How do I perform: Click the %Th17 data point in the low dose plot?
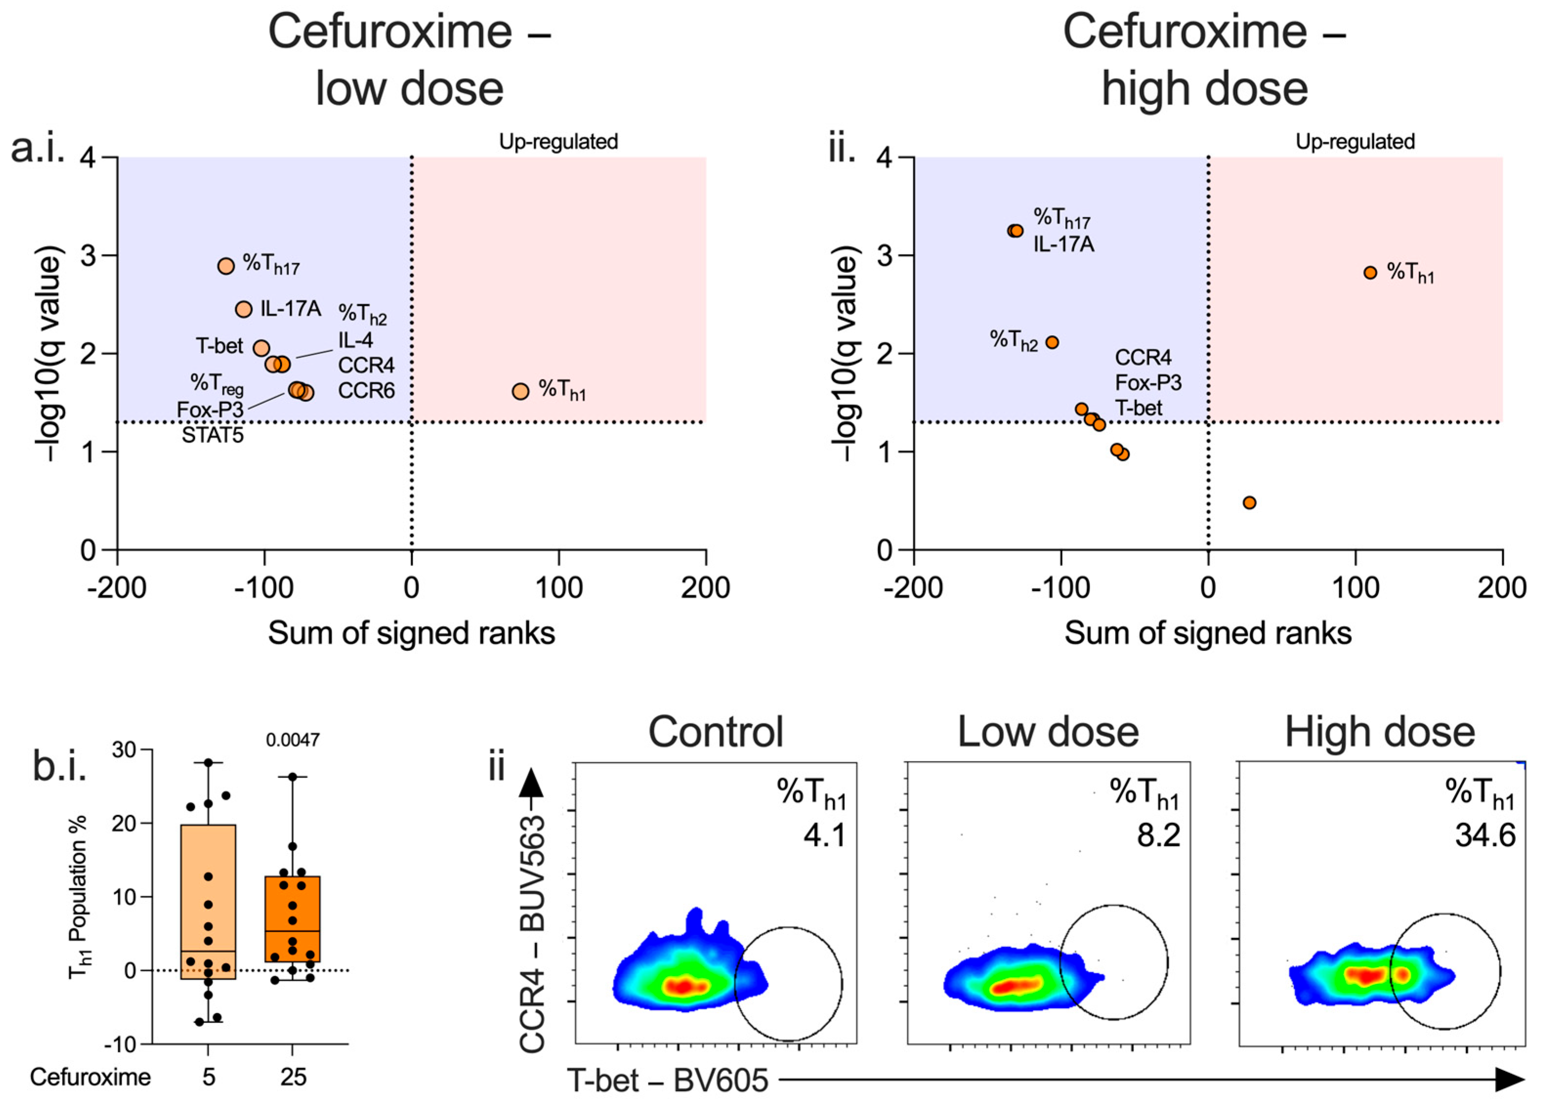pos(226,266)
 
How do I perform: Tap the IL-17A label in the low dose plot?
pos(291,309)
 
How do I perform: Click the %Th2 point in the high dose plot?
pos(1052,342)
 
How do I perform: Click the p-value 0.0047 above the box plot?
pos(293,740)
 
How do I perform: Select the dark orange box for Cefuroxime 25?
pos(293,919)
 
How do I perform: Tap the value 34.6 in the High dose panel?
pos(1485,835)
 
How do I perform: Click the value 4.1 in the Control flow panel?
pos(825,835)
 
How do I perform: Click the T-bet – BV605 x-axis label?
pos(668,1080)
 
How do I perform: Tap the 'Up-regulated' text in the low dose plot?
pos(558,142)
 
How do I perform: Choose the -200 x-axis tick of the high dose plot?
pos(914,587)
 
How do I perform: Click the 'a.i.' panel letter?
pos(38,148)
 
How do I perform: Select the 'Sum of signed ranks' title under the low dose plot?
pos(411,633)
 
